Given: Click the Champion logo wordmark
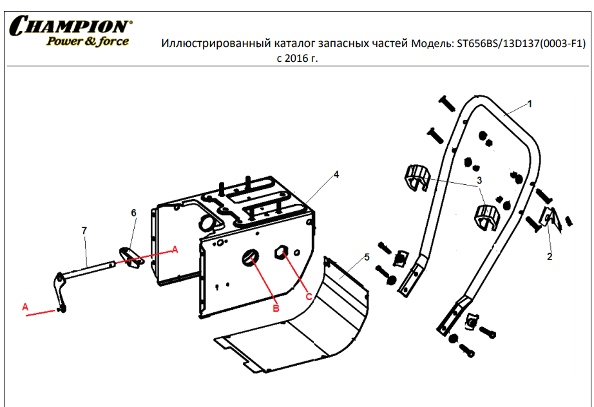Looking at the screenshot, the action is [70, 26].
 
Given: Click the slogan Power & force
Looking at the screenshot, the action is [88, 41].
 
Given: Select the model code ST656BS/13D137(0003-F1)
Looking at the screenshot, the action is [521, 44].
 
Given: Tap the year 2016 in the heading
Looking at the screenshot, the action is [296, 59].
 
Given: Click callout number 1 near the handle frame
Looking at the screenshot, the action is [530, 103].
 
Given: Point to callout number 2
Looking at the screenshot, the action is [550, 256].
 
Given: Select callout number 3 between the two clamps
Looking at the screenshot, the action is [479, 180].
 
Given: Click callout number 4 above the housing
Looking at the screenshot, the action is [336, 174].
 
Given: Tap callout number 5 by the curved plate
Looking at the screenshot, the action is [367, 257].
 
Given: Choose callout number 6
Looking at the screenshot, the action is [133, 213].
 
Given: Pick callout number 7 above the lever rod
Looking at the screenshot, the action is [84, 230].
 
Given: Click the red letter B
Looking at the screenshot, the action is [276, 308].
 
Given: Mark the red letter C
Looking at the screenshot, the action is [309, 297].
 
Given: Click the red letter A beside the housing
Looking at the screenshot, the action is [175, 249].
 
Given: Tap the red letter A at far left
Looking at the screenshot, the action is [25, 307].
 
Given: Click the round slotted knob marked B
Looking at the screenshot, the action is [251, 258].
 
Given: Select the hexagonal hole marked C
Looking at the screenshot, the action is [282, 252].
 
